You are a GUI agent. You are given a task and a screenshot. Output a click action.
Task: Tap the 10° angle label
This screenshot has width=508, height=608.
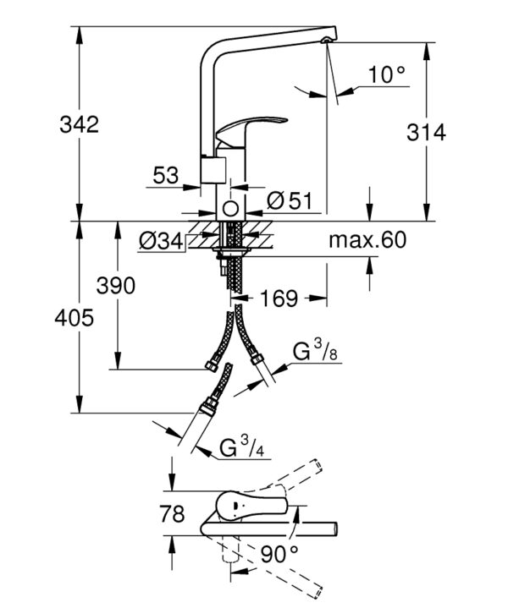[386, 75]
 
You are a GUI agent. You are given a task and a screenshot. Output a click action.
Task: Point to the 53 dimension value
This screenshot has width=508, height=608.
[166, 176]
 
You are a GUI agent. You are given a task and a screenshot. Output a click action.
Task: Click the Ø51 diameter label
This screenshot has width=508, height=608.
[288, 200]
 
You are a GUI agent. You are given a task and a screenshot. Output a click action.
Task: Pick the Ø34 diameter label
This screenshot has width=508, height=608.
[160, 242]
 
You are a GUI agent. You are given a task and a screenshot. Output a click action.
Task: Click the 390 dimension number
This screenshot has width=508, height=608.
[115, 287]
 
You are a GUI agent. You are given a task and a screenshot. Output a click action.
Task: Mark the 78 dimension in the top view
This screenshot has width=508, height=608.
[172, 515]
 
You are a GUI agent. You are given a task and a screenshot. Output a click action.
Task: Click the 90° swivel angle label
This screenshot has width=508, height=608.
[279, 554]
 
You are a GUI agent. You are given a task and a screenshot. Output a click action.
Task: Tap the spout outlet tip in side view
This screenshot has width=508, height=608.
[328, 40]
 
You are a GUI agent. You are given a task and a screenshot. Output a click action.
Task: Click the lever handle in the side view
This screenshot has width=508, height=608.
[247, 130]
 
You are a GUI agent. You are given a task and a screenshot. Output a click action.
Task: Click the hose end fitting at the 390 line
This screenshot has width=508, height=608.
[211, 366]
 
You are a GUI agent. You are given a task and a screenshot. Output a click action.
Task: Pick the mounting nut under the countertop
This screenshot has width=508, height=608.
[230, 251]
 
